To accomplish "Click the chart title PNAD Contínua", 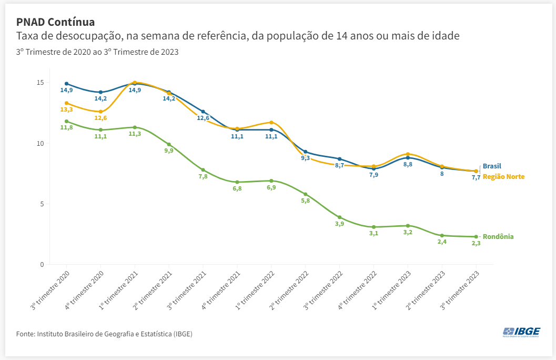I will tap(55, 22).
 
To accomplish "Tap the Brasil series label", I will tap(492, 166).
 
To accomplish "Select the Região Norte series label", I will tap(503, 177).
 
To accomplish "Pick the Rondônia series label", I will tap(498, 237).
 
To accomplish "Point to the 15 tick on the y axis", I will tap(41, 83).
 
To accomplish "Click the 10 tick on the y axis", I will tap(41, 143).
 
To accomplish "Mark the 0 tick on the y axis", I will tap(42, 264).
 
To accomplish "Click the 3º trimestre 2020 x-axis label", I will tap(51, 291).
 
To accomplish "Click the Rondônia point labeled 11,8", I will tap(66, 121).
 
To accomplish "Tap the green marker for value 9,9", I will tap(169, 144).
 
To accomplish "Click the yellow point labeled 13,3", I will tap(66, 103).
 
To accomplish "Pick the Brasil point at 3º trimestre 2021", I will tap(203, 112).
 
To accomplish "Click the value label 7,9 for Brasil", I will tap(373, 175).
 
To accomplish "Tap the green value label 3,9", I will tap(339, 224).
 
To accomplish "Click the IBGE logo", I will tap(521, 332).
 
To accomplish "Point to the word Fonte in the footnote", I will tap(25, 334).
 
